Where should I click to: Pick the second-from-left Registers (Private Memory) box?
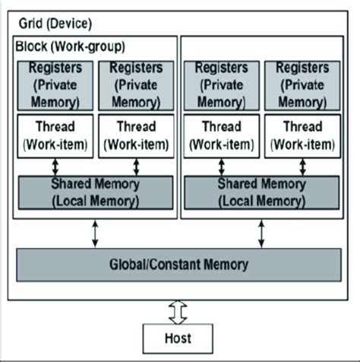pyautogui.click(x=136, y=83)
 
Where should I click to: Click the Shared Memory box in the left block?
pyautogui.click(x=95, y=192)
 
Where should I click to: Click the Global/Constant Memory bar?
pyautogui.click(x=179, y=265)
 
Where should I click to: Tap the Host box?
pyautogui.click(x=179, y=337)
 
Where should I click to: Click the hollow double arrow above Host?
pyautogui.click(x=179, y=310)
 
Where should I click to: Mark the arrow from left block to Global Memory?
pyautogui.click(x=95, y=232)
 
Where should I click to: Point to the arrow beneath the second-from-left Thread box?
pyautogui.click(x=136, y=167)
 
